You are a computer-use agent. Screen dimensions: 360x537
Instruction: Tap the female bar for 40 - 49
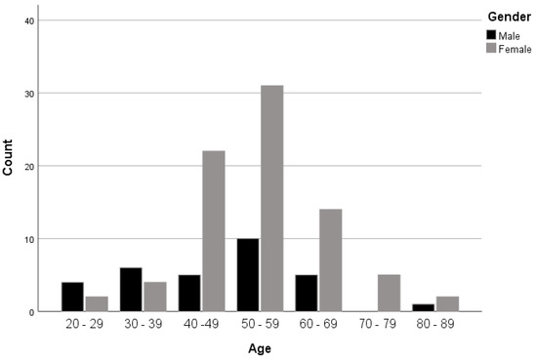pos(213,231)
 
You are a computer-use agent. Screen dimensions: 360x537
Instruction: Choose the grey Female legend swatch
pos(490,49)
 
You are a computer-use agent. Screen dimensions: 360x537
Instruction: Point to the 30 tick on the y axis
pos(30,94)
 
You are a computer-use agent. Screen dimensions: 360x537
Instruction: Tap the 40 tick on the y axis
pos(30,20)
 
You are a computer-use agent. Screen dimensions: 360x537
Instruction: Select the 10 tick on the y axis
pos(30,239)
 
